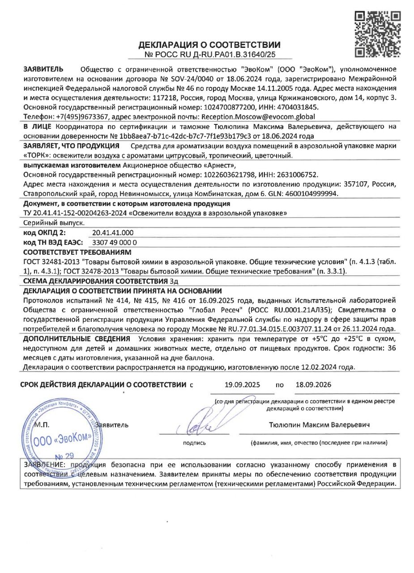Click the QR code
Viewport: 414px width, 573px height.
(x=377, y=35)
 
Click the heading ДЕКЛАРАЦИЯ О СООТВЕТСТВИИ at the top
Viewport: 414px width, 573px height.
(x=209, y=45)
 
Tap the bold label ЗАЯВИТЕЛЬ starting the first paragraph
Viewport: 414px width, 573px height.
(x=43, y=69)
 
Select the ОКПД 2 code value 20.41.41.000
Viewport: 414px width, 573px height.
(x=112, y=233)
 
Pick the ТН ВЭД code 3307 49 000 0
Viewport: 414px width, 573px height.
(x=114, y=242)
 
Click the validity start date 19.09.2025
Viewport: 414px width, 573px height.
(x=242, y=385)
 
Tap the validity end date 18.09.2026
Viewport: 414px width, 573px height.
(x=313, y=385)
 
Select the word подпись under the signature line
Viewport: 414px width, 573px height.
(x=194, y=443)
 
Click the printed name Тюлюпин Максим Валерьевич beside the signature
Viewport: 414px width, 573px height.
(x=319, y=424)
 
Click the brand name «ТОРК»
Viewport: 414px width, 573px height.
(x=38, y=155)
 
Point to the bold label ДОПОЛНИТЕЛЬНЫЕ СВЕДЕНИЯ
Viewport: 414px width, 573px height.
(x=77, y=338)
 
